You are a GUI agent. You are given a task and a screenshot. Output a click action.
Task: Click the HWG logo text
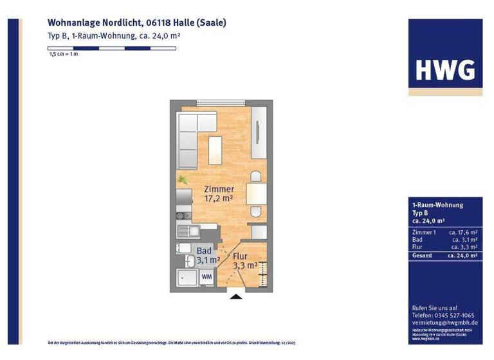tap(445, 69)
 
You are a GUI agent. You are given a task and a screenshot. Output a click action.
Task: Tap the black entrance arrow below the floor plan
tap(236, 296)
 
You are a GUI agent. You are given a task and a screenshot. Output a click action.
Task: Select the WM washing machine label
tap(206, 276)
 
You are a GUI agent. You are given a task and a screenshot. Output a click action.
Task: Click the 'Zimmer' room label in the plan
tap(219, 189)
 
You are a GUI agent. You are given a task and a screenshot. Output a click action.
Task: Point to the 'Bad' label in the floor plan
tap(204, 251)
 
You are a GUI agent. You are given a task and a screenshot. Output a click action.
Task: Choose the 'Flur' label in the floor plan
tap(240, 255)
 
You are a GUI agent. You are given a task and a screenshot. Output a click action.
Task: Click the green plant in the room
tap(183, 180)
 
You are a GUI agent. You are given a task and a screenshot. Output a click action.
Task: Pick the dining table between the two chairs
tap(255, 194)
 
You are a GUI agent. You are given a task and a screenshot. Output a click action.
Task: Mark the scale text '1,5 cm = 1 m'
tap(63, 55)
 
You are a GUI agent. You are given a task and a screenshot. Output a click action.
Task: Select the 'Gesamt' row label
tap(423, 255)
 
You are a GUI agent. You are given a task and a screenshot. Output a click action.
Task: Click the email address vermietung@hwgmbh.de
tap(444, 323)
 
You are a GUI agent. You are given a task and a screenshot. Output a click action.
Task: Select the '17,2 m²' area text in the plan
tap(219, 199)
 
